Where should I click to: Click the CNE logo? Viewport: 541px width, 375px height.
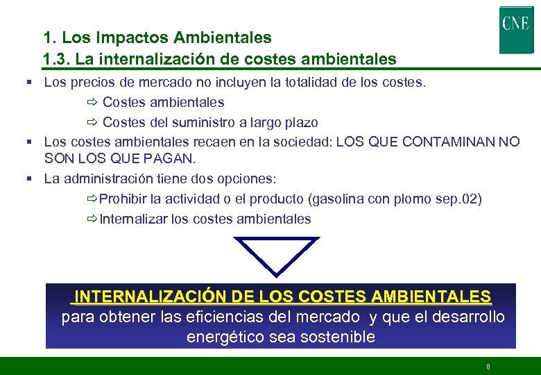click(x=516, y=28)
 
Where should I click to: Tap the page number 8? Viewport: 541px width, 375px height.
click(x=488, y=366)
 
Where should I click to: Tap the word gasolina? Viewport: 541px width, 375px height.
click(x=338, y=199)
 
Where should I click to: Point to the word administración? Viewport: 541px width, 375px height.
click(x=111, y=178)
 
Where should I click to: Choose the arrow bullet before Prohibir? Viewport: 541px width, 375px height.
click(x=92, y=199)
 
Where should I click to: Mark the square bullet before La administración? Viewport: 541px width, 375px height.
click(x=31, y=178)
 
